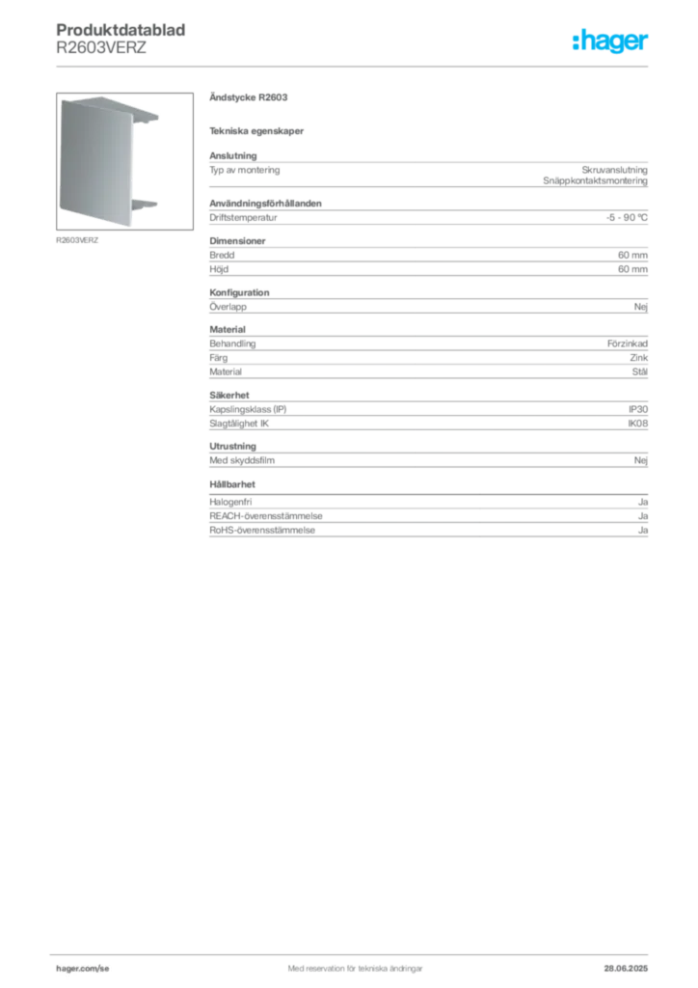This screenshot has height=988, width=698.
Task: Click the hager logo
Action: pos(610,41)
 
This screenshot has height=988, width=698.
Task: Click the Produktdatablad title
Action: pos(121,30)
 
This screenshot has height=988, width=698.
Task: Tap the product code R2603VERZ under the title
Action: pos(101,48)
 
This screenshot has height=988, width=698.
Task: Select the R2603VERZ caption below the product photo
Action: pos(77,240)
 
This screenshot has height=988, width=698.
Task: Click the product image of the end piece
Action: pos(124,161)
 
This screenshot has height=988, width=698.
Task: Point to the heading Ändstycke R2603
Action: pos(249,97)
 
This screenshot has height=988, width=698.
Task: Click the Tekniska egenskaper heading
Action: pos(256,131)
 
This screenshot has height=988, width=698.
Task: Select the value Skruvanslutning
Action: pos(614,170)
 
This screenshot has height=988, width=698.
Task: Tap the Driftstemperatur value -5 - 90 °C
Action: pos(627,217)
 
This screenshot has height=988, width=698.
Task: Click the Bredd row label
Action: pos(222,255)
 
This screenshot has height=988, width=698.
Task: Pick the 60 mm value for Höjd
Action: pos(632,269)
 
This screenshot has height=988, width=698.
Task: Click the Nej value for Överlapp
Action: pos(641,307)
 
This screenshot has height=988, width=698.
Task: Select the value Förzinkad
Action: pos(627,343)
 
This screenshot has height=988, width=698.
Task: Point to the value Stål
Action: pos(639,371)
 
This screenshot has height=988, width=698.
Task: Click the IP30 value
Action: pos(638,409)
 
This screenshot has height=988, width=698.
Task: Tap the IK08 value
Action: pos(637,424)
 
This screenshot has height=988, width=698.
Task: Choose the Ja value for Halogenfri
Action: pos(643,502)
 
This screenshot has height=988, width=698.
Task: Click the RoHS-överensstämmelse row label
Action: pos(262,531)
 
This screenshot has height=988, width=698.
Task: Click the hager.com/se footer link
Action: pos(83,969)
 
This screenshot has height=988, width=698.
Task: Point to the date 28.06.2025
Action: pos(626,969)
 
